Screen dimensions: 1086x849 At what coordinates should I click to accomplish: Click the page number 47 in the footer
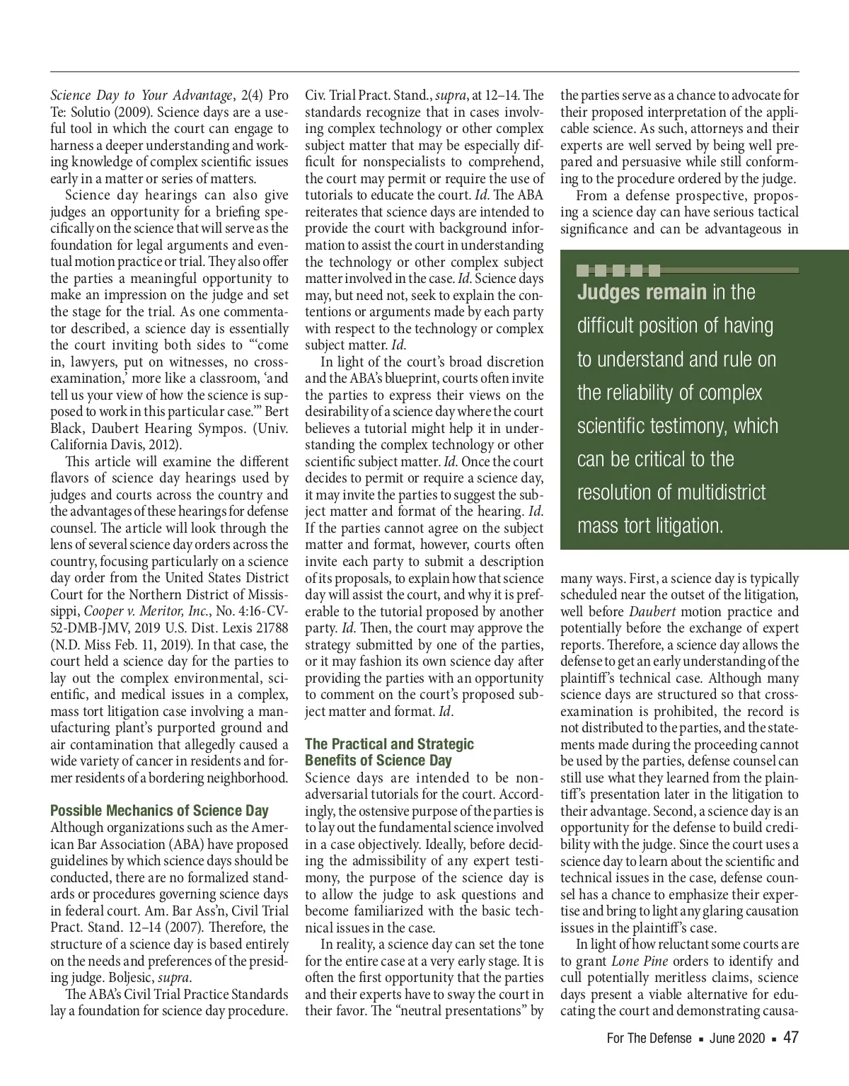pos(790,1038)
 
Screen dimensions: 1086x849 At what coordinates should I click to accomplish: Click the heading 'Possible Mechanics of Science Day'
pos(159,811)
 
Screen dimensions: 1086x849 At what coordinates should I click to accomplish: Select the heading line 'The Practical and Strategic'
pos(389,744)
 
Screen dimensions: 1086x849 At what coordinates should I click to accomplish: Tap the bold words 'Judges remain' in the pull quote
pos(642,292)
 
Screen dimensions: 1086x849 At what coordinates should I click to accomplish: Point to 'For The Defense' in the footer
pos(649,1039)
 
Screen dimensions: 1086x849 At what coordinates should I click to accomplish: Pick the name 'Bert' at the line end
pos(276,412)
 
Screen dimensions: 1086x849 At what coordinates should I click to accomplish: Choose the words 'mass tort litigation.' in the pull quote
pos(650,526)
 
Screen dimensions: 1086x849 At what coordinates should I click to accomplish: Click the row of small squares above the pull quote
pos(619,270)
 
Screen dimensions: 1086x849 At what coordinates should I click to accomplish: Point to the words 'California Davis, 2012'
pos(115,445)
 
